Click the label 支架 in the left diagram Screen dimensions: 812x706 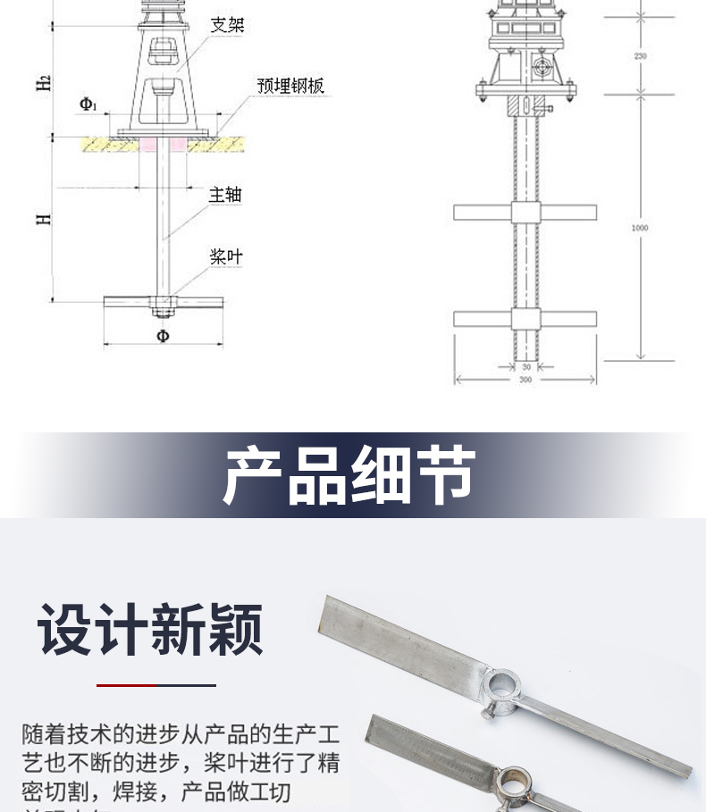[227, 25]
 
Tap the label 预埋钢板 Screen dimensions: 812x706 [290, 86]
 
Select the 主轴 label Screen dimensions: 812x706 [225, 194]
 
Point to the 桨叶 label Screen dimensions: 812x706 [225, 257]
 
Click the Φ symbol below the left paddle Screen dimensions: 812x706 [163, 336]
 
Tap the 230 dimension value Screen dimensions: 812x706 [640, 56]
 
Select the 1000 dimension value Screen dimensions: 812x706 [640, 228]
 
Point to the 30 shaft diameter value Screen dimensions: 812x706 [525, 366]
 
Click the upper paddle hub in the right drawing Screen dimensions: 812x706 [525, 213]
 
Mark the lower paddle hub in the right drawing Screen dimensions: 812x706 [525, 318]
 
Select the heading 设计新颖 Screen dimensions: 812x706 [151, 630]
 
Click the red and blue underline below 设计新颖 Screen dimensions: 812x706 [156, 685]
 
